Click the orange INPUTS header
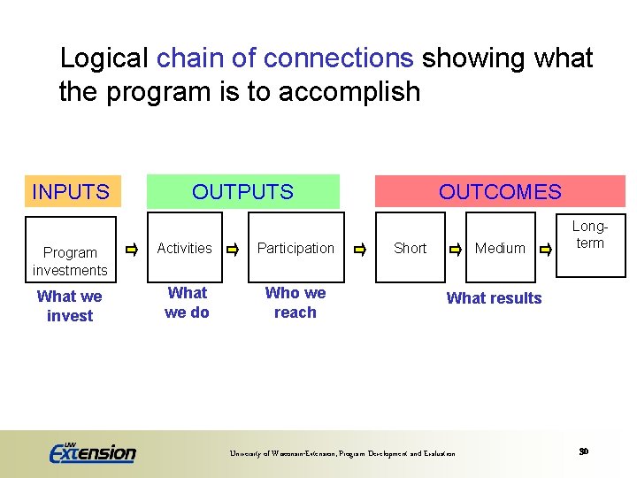point(72,191)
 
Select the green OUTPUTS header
point(242,191)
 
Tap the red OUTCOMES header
point(500,191)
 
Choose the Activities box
point(184,248)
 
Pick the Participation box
point(295,248)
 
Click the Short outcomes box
point(410,248)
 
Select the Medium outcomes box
point(500,248)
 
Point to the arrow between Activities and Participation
point(234,250)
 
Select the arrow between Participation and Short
point(359,250)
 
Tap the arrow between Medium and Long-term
point(546,250)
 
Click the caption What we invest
point(70,306)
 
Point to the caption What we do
point(187,302)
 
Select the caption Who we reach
point(295,302)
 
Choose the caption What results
point(494,298)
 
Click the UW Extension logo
point(92,452)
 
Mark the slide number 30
point(584,451)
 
